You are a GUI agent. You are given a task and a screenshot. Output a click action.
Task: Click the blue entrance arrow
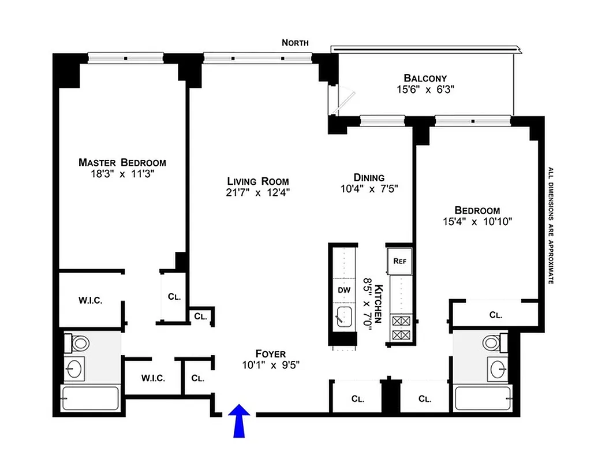point(240,420)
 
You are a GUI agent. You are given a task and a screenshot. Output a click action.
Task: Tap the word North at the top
point(295,43)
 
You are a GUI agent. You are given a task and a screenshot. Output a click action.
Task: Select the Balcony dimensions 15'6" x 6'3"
point(425,90)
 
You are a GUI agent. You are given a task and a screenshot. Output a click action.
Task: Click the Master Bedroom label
point(122,162)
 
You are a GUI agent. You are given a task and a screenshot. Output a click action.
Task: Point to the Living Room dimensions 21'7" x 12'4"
point(257,192)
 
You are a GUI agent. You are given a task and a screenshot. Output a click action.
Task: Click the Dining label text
point(369,177)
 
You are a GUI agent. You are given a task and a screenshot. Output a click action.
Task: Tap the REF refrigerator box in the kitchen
point(399,260)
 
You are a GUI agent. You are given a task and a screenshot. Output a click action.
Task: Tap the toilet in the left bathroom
point(80,343)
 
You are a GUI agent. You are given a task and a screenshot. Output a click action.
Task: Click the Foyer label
point(271,353)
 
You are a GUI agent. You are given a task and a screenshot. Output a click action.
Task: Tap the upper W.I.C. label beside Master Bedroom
point(91,300)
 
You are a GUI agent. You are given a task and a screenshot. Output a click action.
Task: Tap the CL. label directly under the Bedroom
point(495,315)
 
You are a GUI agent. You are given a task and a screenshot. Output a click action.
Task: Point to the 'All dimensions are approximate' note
point(551,225)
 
